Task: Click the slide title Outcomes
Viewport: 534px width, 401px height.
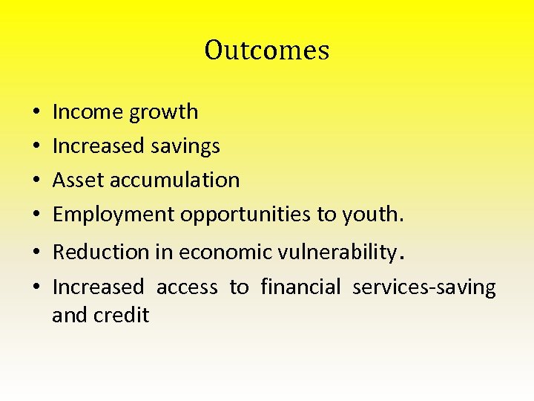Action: coord(267,50)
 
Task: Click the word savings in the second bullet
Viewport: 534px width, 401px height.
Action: coord(185,146)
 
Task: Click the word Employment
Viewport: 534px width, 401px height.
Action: coord(114,215)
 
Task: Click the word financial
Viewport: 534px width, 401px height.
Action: coord(300,287)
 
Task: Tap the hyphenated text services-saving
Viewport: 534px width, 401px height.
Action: coord(423,287)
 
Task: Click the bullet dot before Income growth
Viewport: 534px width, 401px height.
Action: coord(36,113)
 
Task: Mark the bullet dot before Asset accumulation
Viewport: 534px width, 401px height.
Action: coord(36,180)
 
